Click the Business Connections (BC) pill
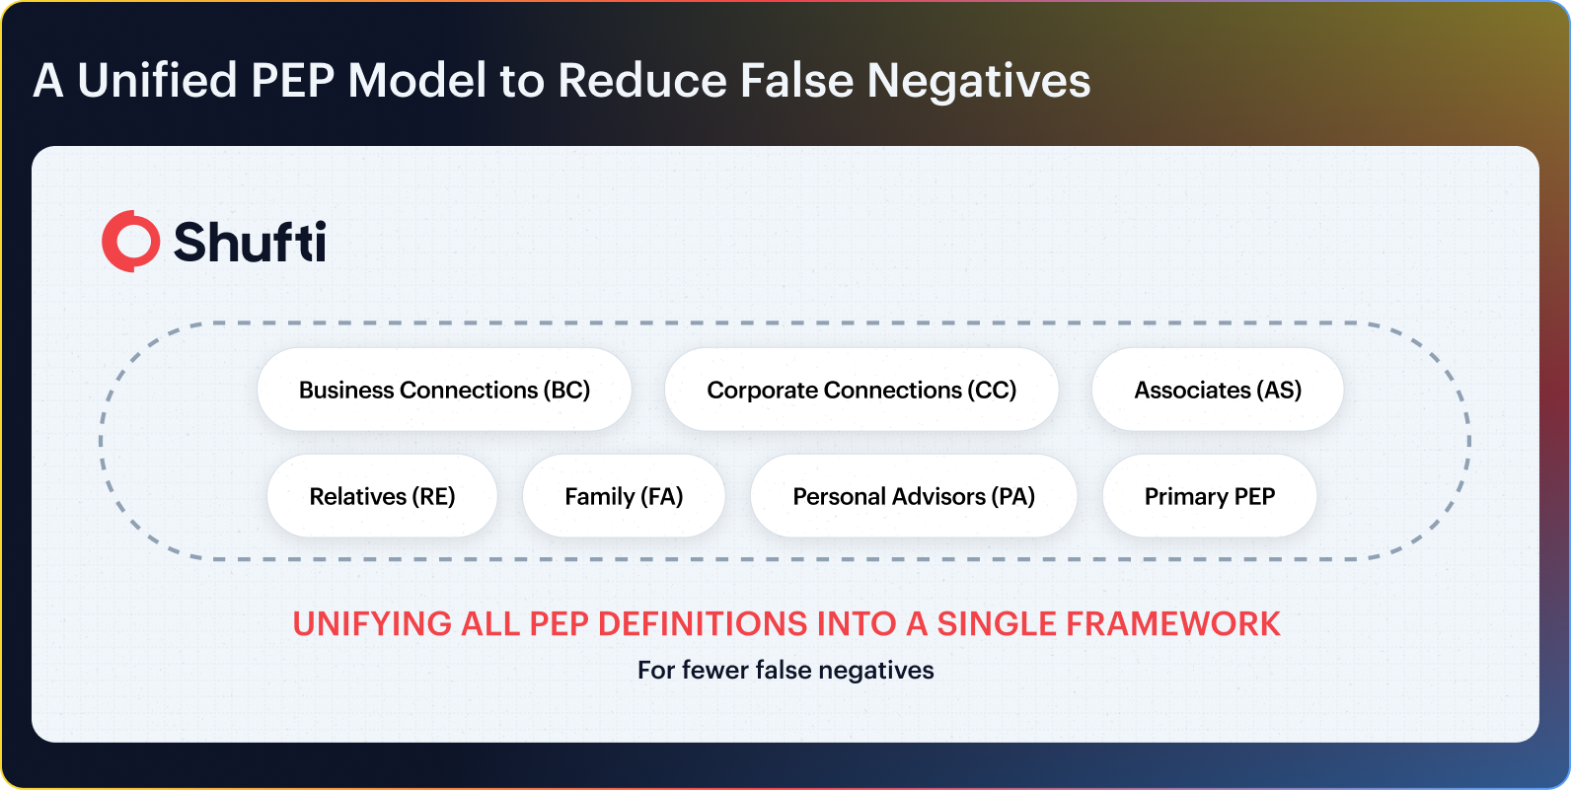click(444, 390)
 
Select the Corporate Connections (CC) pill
click(861, 390)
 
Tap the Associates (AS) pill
click(1218, 390)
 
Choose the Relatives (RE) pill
click(382, 496)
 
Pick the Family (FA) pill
click(624, 496)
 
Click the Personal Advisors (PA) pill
click(913, 496)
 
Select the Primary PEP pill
click(1209, 496)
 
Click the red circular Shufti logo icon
click(130, 241)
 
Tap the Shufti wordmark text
click(250, 242)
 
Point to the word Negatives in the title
click(978, 81)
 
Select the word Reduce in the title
click(641, 80)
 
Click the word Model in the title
click(416, 80)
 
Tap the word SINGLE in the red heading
click(996, 624)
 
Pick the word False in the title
click(796, 80)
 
